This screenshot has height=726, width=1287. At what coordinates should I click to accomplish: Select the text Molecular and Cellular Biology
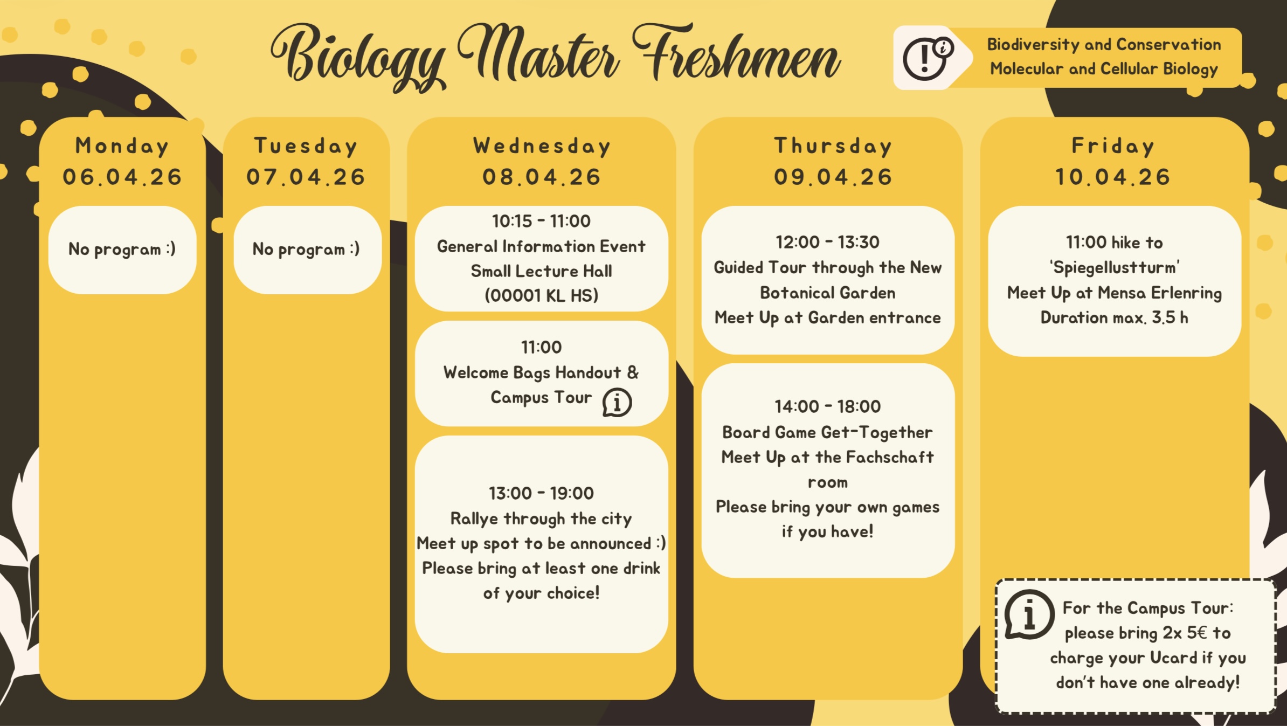pyautogui.click(x=1104, y=69)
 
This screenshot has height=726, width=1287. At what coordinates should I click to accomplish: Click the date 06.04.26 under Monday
pyautogui.click(x=122, y=177)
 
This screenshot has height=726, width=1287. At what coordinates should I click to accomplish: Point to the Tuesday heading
pyautogui.click(x=306, y=146)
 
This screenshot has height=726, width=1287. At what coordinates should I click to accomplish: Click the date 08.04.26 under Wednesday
pyautogui.click(x=542, y=177)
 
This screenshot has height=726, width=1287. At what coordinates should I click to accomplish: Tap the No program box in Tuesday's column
pyautogui.click(x=307, y=250)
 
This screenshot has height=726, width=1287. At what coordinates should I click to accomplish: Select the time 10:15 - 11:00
pyautogui.click(x=541, y=221)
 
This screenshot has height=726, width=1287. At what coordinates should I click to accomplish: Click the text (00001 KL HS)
pyautogui.click(x=541, y=295)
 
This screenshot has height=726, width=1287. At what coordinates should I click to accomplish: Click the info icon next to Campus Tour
pyautogui.click(x=617, y=403)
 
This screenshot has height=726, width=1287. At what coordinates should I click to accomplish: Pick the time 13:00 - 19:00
pyautogui.click(x=541, y=493)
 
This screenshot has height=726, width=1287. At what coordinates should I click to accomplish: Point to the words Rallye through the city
pyautogui.click(x=541, y=518)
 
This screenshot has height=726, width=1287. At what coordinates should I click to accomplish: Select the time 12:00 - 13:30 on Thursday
pyautogui.click(x=828, y=243)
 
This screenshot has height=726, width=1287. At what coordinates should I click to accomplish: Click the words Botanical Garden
pyautogui.click(x=828, y=293)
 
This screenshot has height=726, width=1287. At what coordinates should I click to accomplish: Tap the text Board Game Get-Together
pyautogui.click(x=828, y=432)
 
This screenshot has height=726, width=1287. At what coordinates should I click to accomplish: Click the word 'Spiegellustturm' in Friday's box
pyautogui.click(x=1115, y=267)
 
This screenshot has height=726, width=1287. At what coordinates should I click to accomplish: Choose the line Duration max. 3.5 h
pyautogui.click(x=1115, y=317)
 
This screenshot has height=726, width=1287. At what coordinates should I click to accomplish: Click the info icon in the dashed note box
pyautogui.click(x=1029, y=614)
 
